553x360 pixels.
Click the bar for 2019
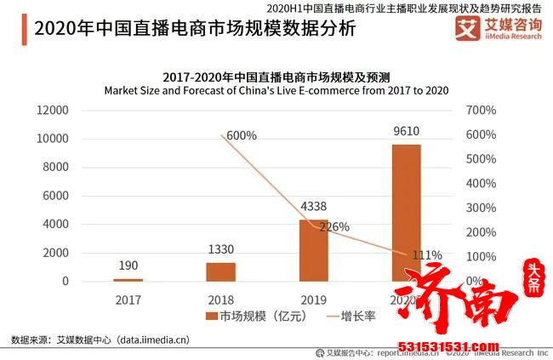tap(313, 250)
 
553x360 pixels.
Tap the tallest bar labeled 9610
tap(406, 212)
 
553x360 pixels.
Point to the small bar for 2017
tap(128, 279)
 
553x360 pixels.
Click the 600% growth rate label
tap(242, 135)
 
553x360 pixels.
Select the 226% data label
tap(334, 227)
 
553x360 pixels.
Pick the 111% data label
tap(426, 254)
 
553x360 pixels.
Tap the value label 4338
tap(313, 206)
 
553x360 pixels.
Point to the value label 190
tap(128, 265)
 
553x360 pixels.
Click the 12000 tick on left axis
tap(52, 110)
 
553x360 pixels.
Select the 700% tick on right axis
tap(480, 110)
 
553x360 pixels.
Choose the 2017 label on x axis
tap(128, 299)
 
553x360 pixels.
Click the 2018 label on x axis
tap(220, 299)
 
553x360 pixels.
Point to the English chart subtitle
tap(276, 89)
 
